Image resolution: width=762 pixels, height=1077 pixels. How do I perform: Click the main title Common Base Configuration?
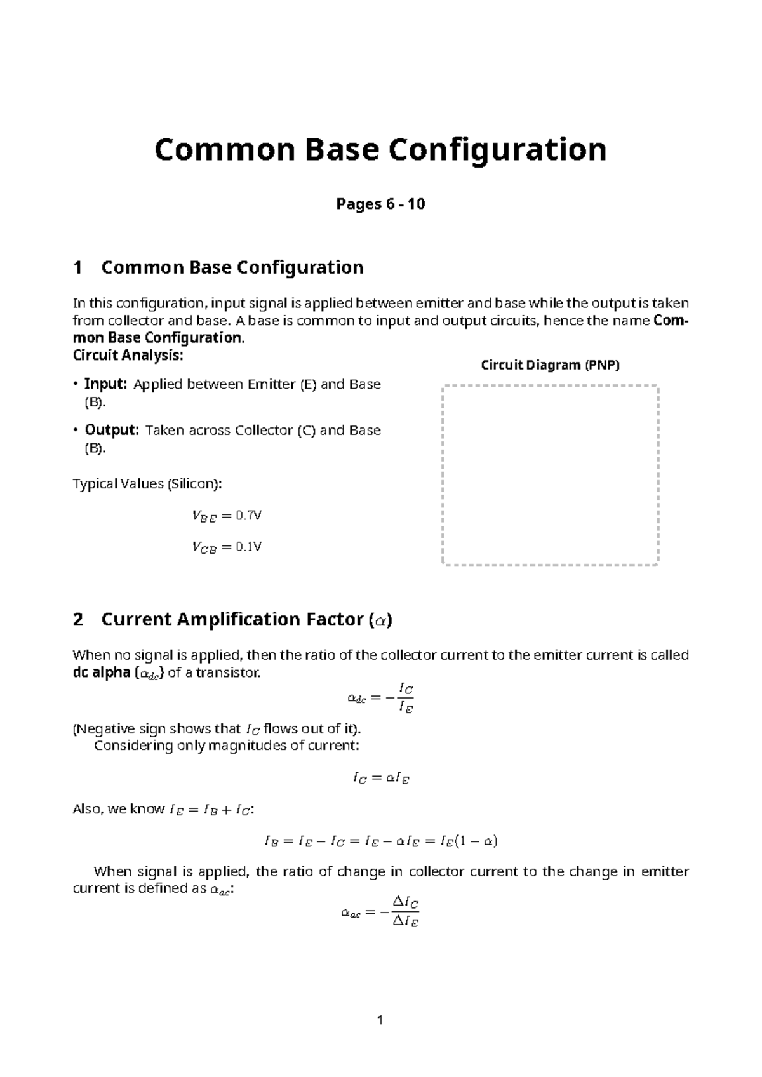380,150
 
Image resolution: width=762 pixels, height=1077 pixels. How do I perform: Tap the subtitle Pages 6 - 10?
380,204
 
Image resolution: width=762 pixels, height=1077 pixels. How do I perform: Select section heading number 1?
78,267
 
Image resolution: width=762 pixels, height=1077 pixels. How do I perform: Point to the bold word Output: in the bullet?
111,430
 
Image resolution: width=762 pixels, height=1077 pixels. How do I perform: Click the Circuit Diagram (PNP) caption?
550,365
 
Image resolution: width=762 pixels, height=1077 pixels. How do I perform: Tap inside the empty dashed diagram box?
550,474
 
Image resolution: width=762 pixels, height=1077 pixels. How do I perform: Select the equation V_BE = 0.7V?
227,516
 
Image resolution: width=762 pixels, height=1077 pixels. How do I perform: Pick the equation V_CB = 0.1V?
227,547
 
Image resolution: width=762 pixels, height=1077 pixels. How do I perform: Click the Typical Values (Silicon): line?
147,484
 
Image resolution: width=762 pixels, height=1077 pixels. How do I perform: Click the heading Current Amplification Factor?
246,619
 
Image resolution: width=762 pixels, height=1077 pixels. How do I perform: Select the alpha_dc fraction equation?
380,697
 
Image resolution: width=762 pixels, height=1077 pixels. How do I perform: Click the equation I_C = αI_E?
380,778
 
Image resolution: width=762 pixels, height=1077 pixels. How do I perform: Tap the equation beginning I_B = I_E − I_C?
380,841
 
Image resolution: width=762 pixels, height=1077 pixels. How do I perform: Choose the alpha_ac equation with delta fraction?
380,912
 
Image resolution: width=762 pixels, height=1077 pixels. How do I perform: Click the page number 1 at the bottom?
380,1020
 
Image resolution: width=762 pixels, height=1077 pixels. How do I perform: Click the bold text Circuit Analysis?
128,355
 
